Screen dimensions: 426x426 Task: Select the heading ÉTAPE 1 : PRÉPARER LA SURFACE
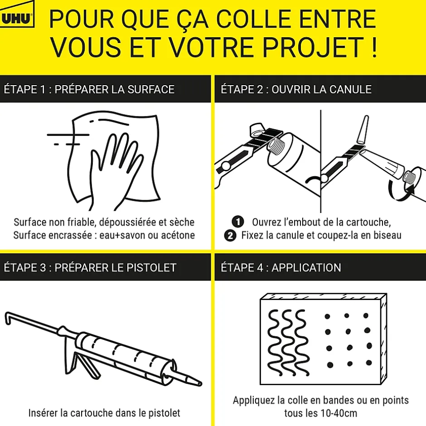click(x=89, y=89)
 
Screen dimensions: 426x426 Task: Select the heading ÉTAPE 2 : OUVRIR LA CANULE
click(x=296, y=89)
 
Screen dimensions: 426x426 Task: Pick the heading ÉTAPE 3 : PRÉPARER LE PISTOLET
click(x=90, y=267)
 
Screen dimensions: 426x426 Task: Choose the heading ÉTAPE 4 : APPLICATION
click(x=281, y=267)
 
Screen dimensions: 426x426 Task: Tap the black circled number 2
click(x=231, y=236)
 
